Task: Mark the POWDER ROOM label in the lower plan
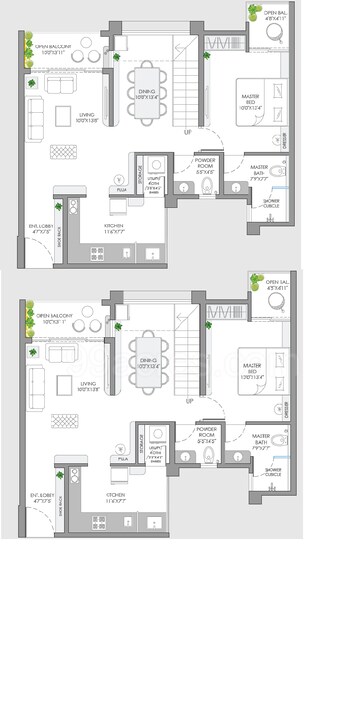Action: coord(209,431)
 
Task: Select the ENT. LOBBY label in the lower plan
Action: coord(41,495)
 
